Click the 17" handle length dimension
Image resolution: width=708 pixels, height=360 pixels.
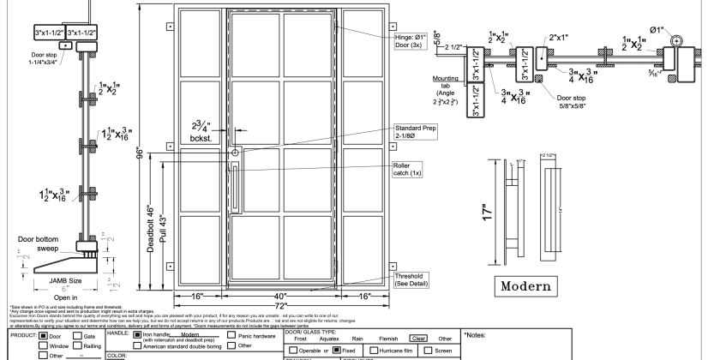[x=487, y=208]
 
